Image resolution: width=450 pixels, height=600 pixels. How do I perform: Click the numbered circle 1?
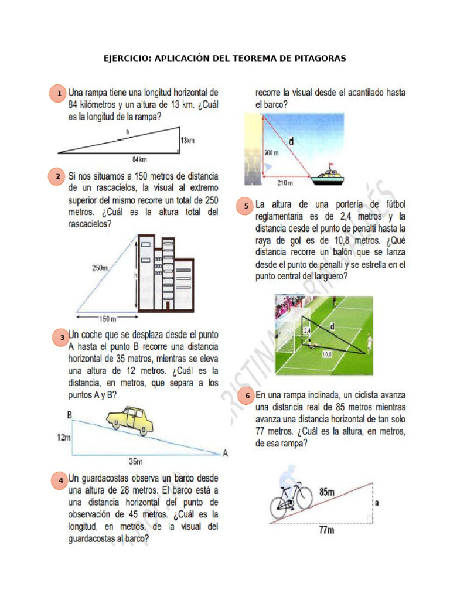click(58, 94)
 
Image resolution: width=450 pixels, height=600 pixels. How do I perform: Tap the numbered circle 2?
click(57, 177)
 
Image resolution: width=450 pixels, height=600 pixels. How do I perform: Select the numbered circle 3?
click(61, 337)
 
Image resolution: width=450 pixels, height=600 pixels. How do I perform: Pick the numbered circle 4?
click(60, 480)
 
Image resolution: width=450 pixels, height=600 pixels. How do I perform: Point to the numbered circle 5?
click(246, 206)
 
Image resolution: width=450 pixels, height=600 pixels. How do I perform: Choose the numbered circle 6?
click(247, 396)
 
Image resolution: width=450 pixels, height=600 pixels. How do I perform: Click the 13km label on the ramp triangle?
click(187, 141)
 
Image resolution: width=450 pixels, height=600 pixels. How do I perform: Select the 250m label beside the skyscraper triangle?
click(100, 268)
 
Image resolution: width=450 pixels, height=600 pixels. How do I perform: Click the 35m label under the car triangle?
click(136, 462)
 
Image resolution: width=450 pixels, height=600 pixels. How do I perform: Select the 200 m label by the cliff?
click(271, 152)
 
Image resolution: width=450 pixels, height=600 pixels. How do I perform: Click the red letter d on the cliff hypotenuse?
click(291, 141)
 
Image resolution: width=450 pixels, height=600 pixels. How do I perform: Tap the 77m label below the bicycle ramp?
click(326, 530)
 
